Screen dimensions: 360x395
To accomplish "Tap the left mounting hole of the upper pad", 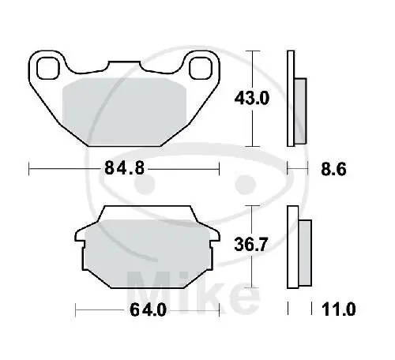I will [x=47, y=69].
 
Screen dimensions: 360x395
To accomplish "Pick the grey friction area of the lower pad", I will [x=148, y=250].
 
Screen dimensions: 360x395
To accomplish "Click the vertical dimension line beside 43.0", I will [x=252, y=99].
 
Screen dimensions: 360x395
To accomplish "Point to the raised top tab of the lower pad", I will [x=148, y=212].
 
